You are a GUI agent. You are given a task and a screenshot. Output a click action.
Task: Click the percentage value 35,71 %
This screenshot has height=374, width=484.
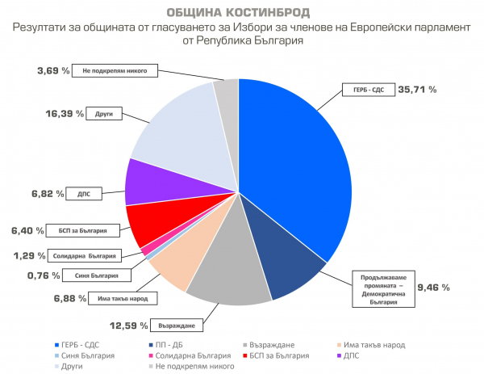(418, 89)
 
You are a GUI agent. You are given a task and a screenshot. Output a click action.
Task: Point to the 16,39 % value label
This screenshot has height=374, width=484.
(65, 115)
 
